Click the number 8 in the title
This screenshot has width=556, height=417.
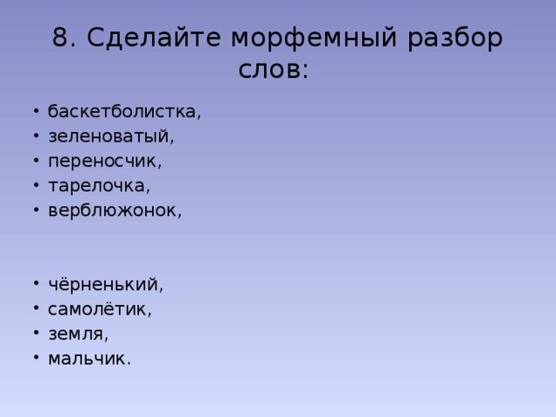pyautogui.click(x=60, y=37)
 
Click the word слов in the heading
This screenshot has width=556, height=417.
pyautogui.click(x=268, y=69)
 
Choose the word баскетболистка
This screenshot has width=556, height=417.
pyautogui.click(x=122, y=111)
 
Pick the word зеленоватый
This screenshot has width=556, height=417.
pyautogui.click(x=109, y=137)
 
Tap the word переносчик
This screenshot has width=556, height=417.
pyautogui.click(x=103, y=162)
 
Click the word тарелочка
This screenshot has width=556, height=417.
pyautogui.click(x=96, y=186)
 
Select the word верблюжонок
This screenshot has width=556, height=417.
pyautogui.click(x=112, y=210)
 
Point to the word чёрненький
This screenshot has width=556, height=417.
pyautogui.click(x=103, y=285)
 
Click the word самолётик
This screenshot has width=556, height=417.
pyautogui.click(x=97, y=309)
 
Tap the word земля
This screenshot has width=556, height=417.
pyautogui.click(x=76, y=334)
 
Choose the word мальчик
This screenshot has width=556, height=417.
pyautogui.click(x=87, y=359)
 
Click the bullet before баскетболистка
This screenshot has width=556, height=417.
pyautogui.click(x=36, y=111)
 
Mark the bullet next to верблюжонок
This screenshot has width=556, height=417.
pyautogui.click(x=36, y=210)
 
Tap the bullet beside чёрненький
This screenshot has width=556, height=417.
pyautogui.click(x=36, y=284)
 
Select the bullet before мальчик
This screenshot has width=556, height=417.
pyautogui.click(x=36, y=358)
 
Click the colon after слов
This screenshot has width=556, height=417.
pyautogui.click(x=306, y=70)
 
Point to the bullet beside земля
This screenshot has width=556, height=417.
pyautogui.click(x=36, y=334)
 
